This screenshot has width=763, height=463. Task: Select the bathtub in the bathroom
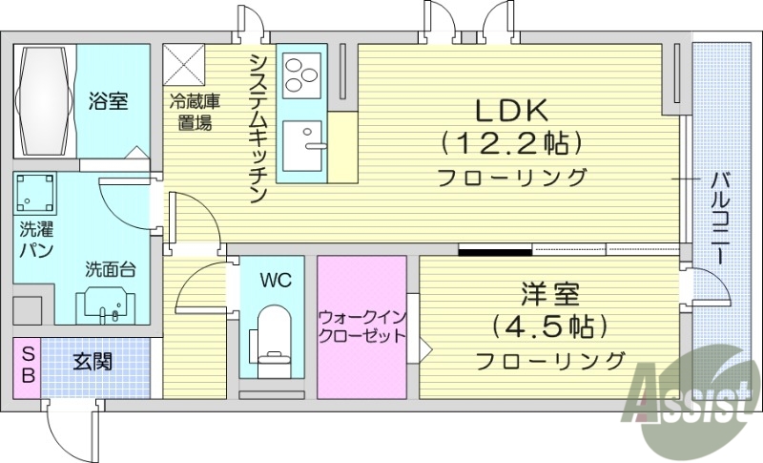coord(45,99)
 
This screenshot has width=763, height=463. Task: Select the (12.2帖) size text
coord(511,143)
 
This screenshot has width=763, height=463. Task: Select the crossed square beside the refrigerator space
coord(185,64)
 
